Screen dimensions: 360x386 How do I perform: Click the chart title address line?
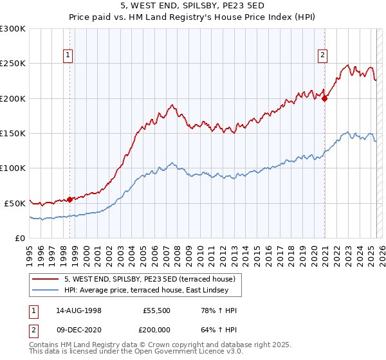[193, 6]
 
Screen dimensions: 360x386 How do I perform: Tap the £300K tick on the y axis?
[13, 29]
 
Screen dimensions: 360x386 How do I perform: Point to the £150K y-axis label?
[13, 133]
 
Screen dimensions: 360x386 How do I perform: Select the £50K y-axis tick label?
[15, 203]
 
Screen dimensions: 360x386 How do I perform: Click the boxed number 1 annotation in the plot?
[68, 55]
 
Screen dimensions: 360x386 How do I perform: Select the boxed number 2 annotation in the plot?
[322, 55]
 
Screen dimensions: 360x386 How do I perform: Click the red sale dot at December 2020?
[325, 99]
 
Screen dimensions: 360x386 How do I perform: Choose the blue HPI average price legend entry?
[151, 291]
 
